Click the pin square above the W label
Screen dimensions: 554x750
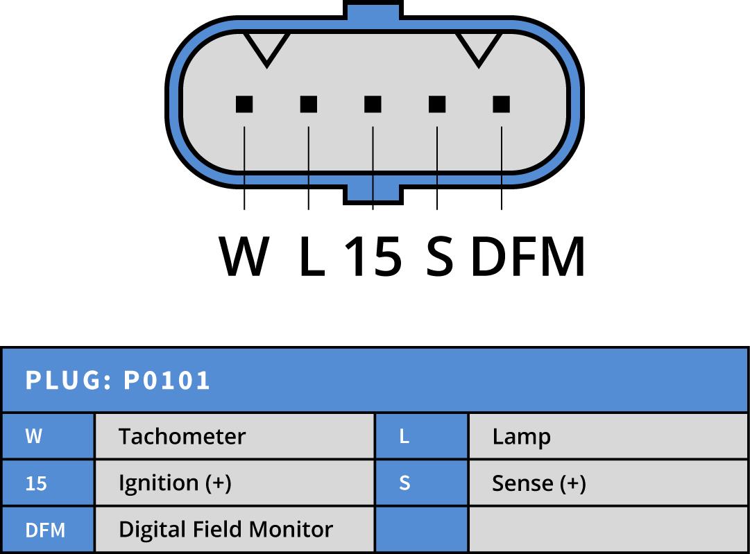click(x=244, y=104)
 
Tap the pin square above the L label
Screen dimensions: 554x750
click(x=309, y=104)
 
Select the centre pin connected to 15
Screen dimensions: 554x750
click(x=373, y=104)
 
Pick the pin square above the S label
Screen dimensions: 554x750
click(x=437, y=104)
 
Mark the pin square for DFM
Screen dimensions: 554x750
click(x=501, y=104)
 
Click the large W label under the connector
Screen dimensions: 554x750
click(x=244, y=256)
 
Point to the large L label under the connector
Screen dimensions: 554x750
click(x=312, y=256)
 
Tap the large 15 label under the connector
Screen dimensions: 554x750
click(x=373, y=256)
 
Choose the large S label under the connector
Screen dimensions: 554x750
click(x=439, y=256)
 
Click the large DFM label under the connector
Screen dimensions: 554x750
click(x=528, y=256)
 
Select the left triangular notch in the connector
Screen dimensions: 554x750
click(x=267, y=47)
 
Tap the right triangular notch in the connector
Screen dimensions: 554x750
click(x=478, y=47)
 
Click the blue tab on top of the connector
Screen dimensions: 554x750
click(x=373, y=10)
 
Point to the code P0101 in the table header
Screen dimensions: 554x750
click(x=167, y=381)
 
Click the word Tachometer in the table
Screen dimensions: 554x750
click(x=182, y=437)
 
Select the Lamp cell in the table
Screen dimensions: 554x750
click(x=522, y=437)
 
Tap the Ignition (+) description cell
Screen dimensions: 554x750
click(x=175, y=483)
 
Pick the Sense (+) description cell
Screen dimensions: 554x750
click(x=538, y=483)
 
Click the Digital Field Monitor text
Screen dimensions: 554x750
click(x=225, y=530)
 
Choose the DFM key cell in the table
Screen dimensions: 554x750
click(x=46, y=530)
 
